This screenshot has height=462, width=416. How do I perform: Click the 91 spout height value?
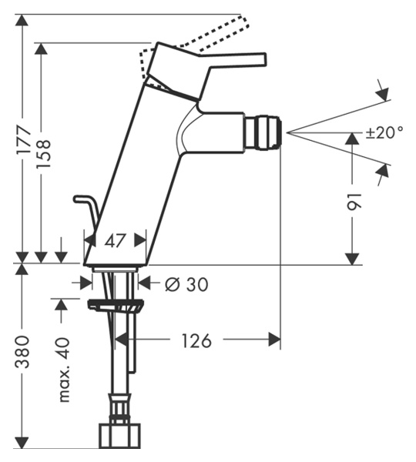(x=354, y=202)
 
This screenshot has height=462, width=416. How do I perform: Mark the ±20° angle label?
(x=384, y=132)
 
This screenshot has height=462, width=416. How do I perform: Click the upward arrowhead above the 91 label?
(x=353, y=139)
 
